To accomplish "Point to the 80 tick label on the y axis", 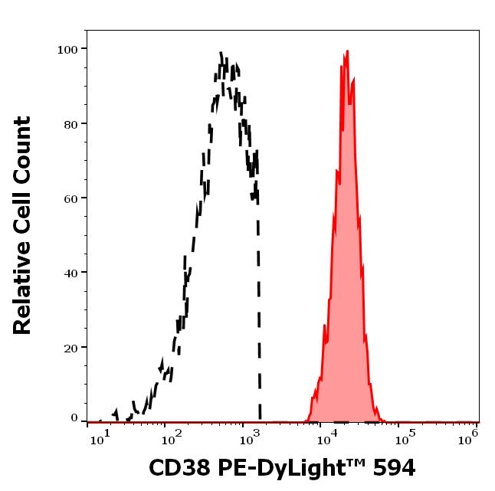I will click(70, 123).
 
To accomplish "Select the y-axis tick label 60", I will click(70, 198).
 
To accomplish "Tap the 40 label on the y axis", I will click(70, 273).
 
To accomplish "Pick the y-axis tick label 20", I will click(70, 347).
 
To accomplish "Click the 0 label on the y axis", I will click(74, 418).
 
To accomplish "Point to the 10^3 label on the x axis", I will click(250, 437).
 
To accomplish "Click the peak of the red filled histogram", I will click(347, 51).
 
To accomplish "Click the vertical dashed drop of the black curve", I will click(259, 306).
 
